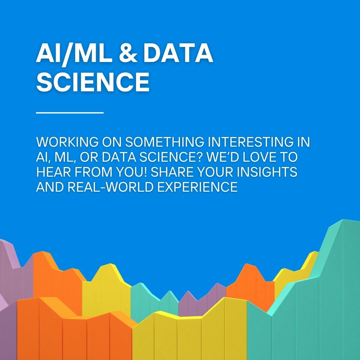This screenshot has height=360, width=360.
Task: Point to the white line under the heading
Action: coord(70,113)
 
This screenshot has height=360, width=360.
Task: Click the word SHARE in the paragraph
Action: coord(171,172)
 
